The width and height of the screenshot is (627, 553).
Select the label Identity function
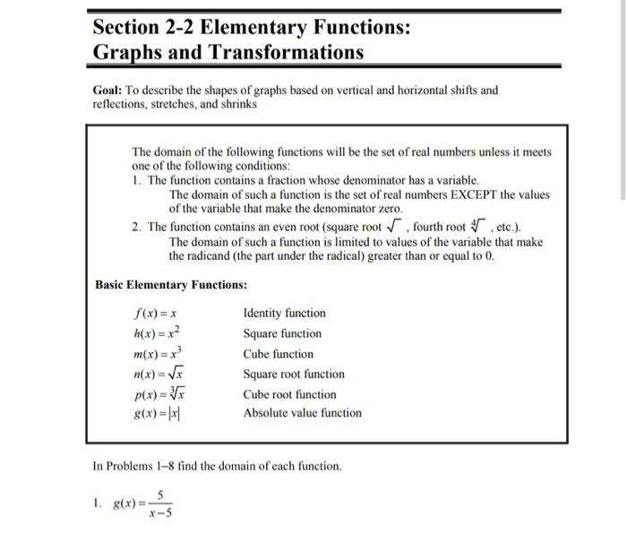click(284, 314)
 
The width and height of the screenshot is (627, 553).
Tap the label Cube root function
click(289, 394)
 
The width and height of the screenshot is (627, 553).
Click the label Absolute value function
click(302, 413)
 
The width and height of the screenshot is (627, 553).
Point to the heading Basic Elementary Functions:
click(171, 285)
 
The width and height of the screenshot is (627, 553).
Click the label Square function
click(282, 333)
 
